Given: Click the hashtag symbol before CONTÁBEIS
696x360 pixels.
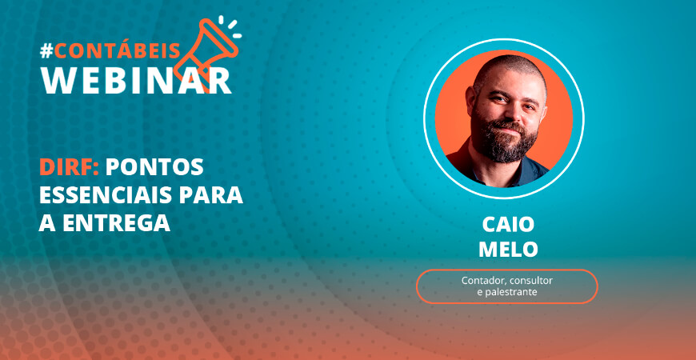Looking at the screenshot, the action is (x=46, y=51).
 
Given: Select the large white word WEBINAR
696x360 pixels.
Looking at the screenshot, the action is (x=136, y=80).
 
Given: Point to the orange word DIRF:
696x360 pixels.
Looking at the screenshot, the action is (x=70, y=167).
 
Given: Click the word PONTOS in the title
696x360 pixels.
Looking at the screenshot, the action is (x=154, y=167).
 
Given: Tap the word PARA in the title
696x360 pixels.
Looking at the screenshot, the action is (x=218, y=195).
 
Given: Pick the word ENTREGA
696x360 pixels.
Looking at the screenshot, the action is (x=116, y=223).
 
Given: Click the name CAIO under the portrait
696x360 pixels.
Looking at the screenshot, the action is (x=508, y=225).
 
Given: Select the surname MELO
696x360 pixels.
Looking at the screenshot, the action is (x=508, y=250).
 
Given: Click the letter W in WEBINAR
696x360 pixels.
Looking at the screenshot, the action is (x=58, y=80).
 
